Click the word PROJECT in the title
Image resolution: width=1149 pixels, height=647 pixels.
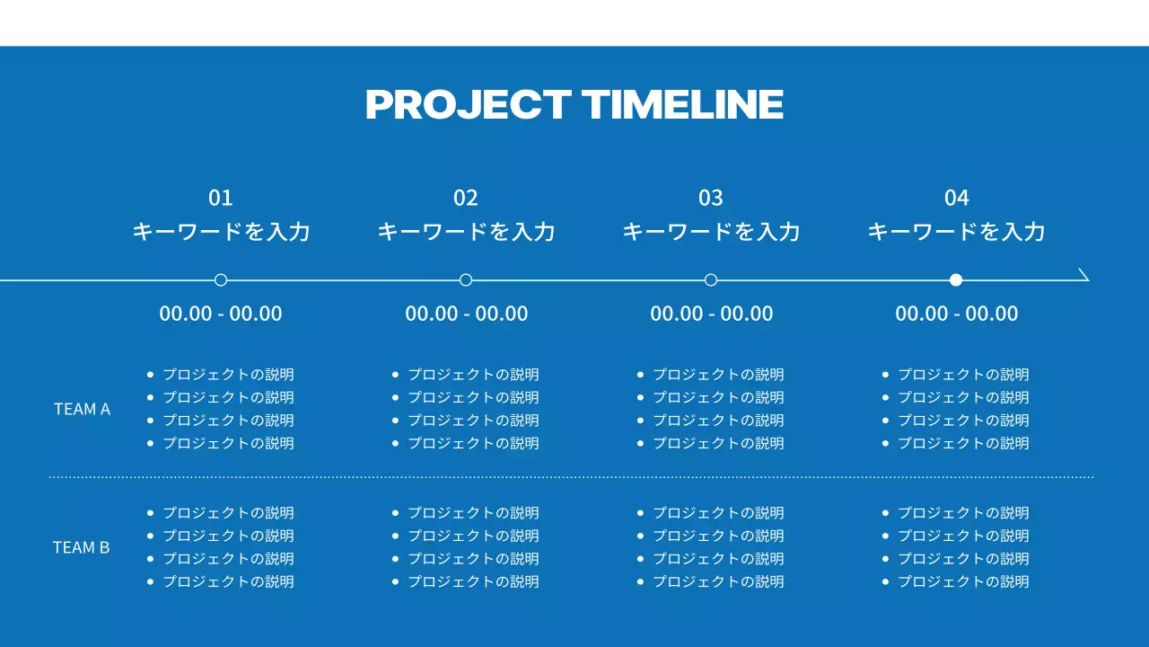tap(468, 104)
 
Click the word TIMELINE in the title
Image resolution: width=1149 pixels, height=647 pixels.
tap(683, 104)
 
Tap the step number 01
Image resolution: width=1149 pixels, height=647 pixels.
tap(221, 198)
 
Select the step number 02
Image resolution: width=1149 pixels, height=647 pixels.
tap(466, 198)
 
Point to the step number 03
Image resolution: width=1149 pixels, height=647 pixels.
tap(711, 198)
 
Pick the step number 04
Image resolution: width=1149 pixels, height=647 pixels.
tap(957, 198)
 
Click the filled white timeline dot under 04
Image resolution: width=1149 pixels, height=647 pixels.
tap(956, 279)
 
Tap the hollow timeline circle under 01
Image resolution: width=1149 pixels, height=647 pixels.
tap(221, 279)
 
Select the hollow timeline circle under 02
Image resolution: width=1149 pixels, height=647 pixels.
tap(466, 279)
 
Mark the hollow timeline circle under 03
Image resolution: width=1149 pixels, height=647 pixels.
tap(711, 279)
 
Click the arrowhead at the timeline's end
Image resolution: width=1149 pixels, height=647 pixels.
tap(1083, 275)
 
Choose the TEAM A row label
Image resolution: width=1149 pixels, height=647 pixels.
tap(82, 409)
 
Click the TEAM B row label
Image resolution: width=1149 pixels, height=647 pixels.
tap(82, 547)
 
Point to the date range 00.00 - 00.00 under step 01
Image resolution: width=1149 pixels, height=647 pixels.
tap(221, 314)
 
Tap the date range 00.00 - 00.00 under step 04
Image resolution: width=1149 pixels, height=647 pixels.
tap(957, 314)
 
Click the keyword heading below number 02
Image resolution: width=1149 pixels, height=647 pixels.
tap(466, 232)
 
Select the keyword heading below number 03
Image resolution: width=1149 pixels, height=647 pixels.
tap(711, 232)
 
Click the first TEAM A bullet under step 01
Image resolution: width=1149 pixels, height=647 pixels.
tap(228, 375)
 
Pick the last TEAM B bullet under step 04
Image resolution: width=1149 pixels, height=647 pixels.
tap(963, 581)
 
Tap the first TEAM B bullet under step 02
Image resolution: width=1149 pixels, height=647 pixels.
tap(473, 513)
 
